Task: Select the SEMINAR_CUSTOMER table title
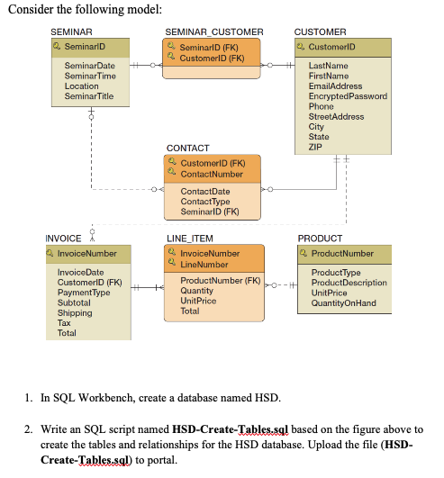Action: coord(214,32)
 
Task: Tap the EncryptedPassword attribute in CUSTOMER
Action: coord(348,96)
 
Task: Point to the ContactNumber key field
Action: coord(212,174)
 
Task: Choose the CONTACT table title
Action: coord(187,148)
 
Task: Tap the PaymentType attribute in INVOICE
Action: coord(84,292)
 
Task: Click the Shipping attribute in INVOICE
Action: coord(74,312)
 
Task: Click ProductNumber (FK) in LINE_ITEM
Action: coord(220,281)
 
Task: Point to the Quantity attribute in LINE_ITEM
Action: coord(197,291)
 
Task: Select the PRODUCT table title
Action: coord(320,239)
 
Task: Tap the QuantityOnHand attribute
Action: coord(343,302)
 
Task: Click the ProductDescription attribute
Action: coord(349,283)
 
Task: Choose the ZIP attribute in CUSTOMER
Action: coord(315,147)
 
